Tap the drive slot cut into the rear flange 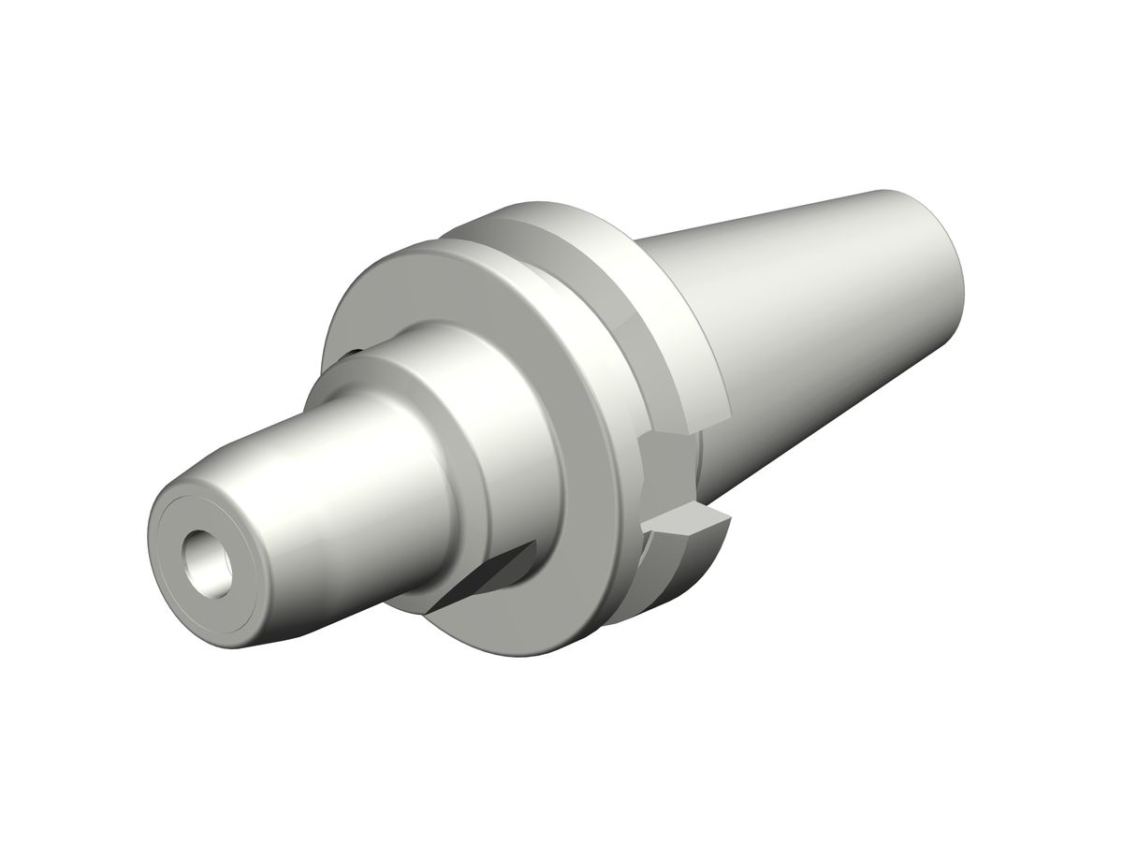(669, 477)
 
